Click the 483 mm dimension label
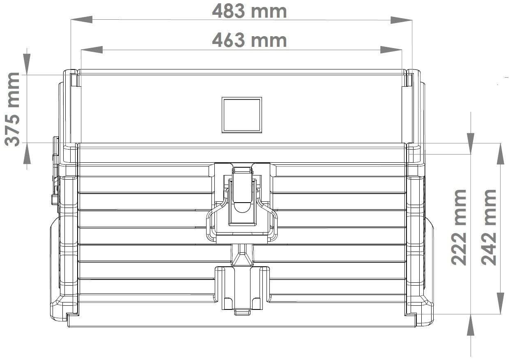249,12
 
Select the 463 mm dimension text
249,40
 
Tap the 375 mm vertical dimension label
12,109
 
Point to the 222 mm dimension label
459,227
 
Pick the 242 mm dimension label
488,227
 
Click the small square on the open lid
242,115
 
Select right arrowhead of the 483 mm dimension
401,20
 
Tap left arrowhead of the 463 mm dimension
92,50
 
